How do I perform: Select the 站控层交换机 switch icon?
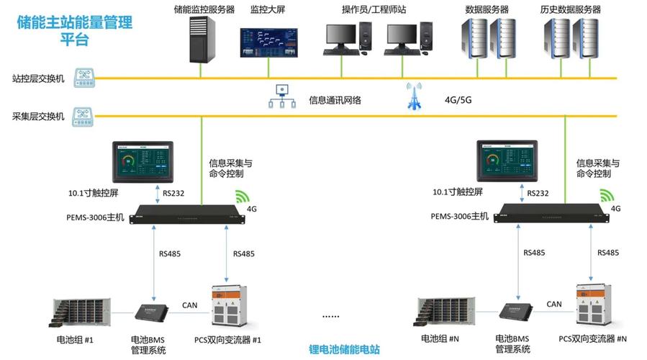[85, 78]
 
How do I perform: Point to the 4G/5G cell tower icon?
[414, 97]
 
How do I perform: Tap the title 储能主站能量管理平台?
[75, 30]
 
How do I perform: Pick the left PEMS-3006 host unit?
[184, 215]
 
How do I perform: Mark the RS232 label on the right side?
[538, 193]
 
